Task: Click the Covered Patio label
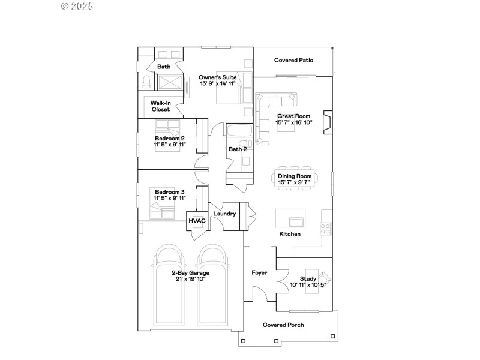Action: click(294, 60)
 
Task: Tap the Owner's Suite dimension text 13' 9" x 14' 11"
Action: click(218, 83)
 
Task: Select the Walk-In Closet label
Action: click(160, 106)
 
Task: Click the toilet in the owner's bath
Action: click(146, 82)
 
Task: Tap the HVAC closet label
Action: click(197, 221)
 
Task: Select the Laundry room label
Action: click(224, 214)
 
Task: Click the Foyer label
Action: click(259, 272)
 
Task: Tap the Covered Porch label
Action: click(283, 325)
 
